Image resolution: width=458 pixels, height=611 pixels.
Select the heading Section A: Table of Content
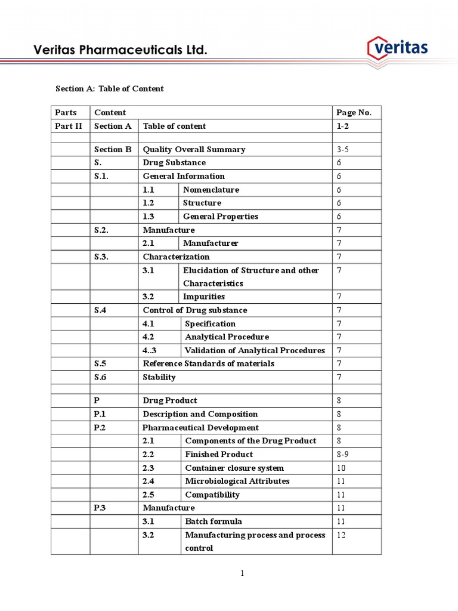point(109,89)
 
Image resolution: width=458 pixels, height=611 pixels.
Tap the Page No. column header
point(354,113)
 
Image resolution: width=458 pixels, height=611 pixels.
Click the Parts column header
point(66,113)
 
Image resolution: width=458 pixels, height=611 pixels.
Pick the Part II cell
point(69,126)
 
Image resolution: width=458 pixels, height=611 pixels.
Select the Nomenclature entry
point(211,190)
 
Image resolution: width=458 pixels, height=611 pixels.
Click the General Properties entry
point(221,217)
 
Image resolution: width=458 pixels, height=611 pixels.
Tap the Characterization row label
point(176,257)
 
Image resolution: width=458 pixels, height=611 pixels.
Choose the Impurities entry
point(204,297)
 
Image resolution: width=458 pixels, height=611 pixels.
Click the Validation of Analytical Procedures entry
point(255,350)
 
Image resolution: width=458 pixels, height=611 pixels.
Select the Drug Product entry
point(170,400)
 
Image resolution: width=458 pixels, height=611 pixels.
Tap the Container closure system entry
point(234,468)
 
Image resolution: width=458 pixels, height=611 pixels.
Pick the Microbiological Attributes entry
point(237,481)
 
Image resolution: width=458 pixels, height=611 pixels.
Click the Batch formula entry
point(213,521)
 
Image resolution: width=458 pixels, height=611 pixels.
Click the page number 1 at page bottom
point(243,573)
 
